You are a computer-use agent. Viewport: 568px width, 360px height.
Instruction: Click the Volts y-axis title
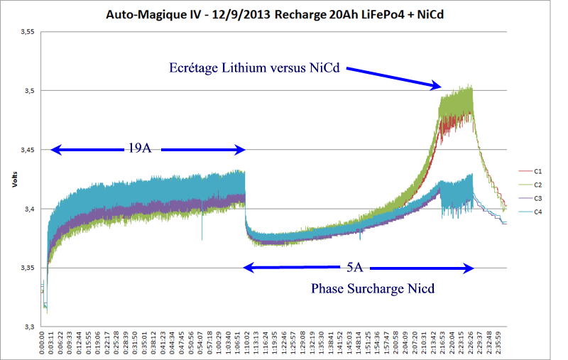tap(14, 179)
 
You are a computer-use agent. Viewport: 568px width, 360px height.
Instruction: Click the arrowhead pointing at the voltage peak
tap(438, 86)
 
